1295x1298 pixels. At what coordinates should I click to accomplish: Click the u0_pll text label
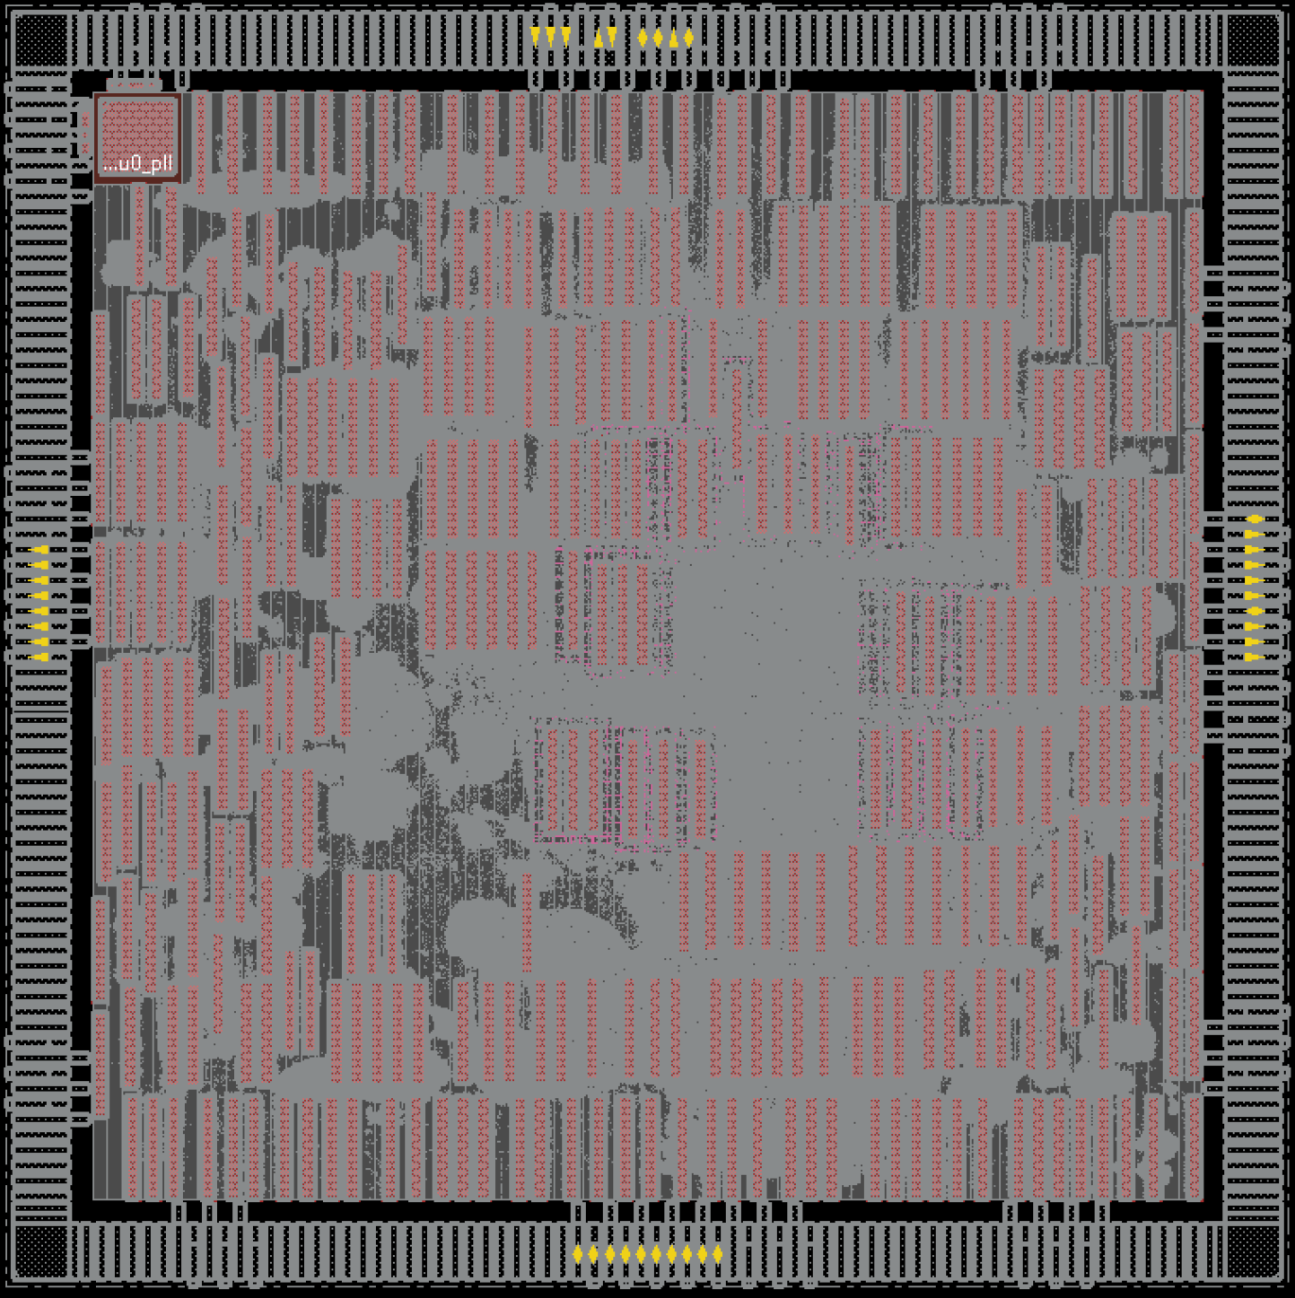pyautogui.click(x=137, y=163)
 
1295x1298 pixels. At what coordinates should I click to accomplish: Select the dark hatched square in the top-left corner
pyautogui.click(x=41, y=39)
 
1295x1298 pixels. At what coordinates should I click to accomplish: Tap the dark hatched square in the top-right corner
pyautogui.click(x=1253, y=39)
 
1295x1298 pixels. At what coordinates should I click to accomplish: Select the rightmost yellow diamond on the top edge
pyautogui.click(x=688, y=38)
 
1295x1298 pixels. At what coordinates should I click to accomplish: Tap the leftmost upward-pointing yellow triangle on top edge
pyautogui.click(x=598, y=38)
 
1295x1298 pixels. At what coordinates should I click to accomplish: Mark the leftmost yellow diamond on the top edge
pyautogui.click(x=643, y=38)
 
